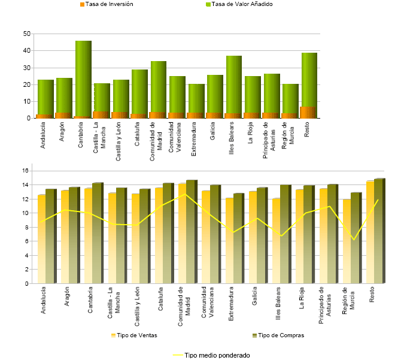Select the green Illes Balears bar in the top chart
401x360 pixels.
pyautogui.click(x=234, y=84)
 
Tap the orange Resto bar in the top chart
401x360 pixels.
pyautogui.click(x=308, y=113)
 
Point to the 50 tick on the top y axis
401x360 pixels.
pyautogui.click(x=26, y=34)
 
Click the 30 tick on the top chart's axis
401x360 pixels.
pyautogui.click(x=26, y=68)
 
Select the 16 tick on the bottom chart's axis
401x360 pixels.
pyautogui.click(x=26, y=171)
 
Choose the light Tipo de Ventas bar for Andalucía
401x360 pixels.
pyautogui.click(x=42, y=240)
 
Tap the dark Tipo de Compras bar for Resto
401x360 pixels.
pyautogui.click(x=378, y=231)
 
